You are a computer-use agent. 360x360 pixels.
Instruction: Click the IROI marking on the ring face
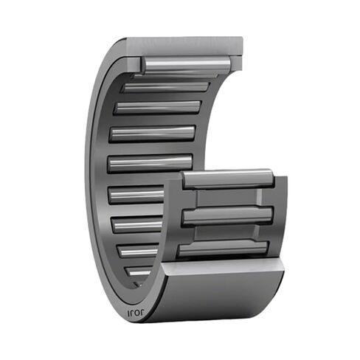tap(136, 311)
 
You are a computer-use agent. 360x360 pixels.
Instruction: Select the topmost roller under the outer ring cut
tap(184, 65)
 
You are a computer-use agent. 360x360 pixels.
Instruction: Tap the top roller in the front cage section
tap(228, 180)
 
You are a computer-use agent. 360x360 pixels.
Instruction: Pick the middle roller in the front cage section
tap(227, 215)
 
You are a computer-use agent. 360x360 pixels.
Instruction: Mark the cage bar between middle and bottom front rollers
tap(225, 233)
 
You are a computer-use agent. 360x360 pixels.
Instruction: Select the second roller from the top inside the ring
tap(166, 87)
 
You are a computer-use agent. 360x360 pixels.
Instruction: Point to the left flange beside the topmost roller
tap(133, 62)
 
